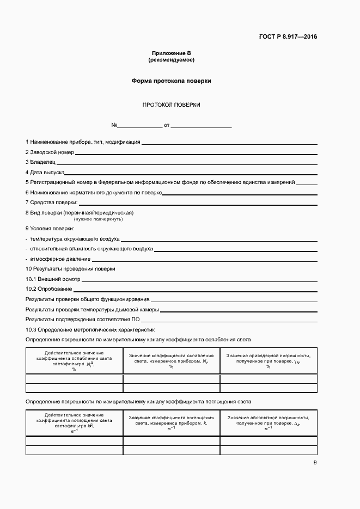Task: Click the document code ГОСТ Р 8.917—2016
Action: [x=288, y=37]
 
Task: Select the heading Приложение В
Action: [x=171, y=53]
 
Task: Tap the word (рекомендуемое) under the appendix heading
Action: [x=171, y=59]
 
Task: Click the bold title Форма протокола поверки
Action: [x=171, y=81]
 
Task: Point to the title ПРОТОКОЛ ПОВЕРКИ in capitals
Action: [x=171, y=105]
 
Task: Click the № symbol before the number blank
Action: [x=114, y=125]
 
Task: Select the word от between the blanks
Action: [x=167, y=125]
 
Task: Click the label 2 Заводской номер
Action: [x=50, y=152]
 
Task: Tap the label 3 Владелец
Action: [x=40, y=162]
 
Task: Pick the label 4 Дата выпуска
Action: [x=45, y=172]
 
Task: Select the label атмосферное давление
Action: [x=60, y=259]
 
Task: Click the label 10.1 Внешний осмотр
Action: [x=53, y=279]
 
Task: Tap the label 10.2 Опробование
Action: [x=49, y=289]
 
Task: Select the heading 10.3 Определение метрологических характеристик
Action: [x=90, y=329]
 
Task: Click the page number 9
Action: [x=315, y=463]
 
